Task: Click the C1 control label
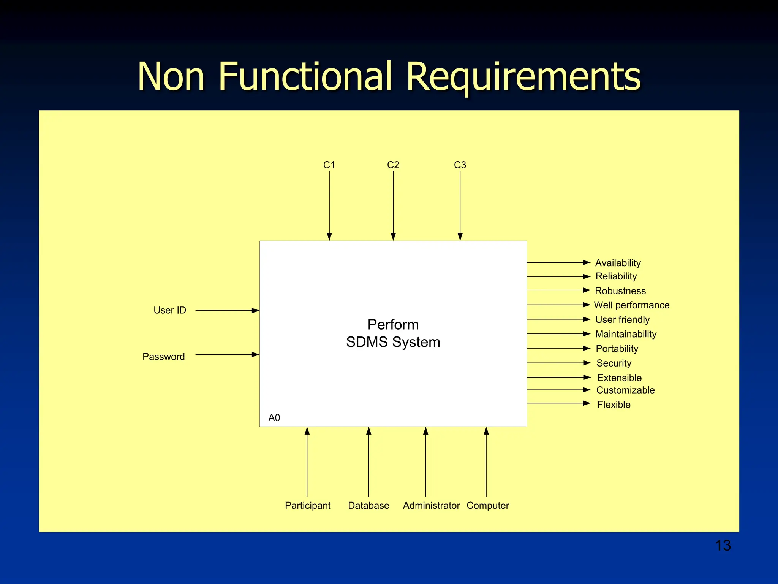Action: (x=329, y=165)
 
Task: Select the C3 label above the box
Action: (x=460, y=165)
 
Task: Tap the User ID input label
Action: (x=170, y=310)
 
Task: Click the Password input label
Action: (x=163, y=357)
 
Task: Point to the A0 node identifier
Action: (x=274, y=418)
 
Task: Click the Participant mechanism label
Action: (x=308, y=505)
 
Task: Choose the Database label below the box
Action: (x=368, y=505)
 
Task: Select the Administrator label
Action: (x=431, y=505)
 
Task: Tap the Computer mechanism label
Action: (x=488, y=505)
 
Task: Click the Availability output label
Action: (x=618, y=263)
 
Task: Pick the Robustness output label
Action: (x=620, y=291)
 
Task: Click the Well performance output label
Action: (x=631, y=305)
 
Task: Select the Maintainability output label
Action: (x=626, y=334)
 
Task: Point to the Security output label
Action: (x=614, y=363)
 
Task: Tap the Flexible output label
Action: (x=614, y=405)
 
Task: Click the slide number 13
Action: (x=723, y=546)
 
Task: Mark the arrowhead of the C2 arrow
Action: (x=393, y=237)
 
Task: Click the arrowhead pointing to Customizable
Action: (x=587, y=390)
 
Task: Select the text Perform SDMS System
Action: (x=393, y=333)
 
